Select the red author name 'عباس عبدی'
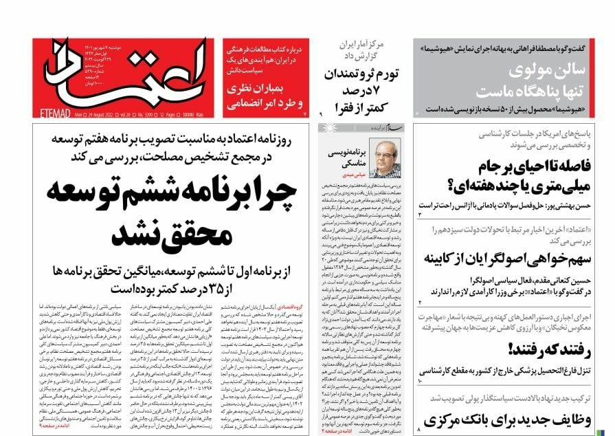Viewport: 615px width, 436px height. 344,175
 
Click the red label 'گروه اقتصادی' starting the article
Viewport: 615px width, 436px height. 287,307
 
